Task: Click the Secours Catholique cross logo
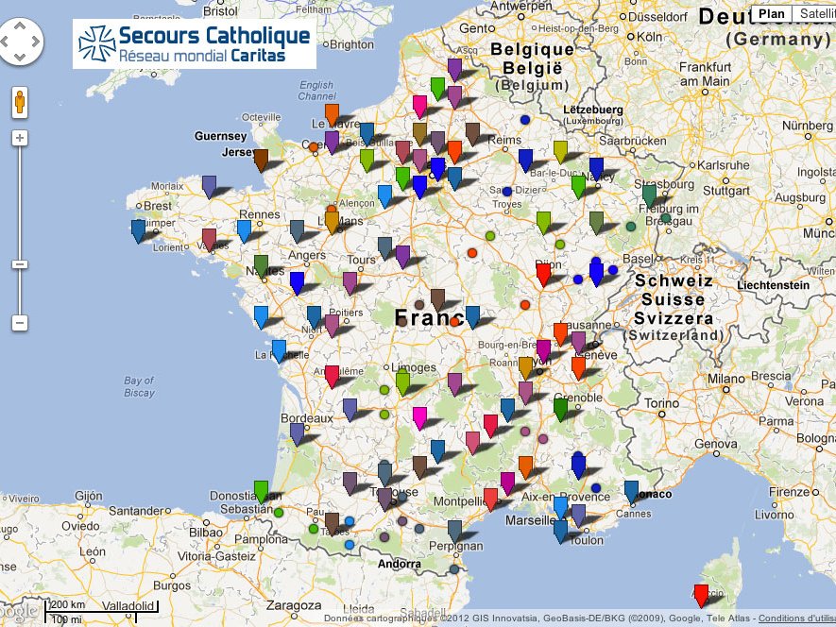(95, 43)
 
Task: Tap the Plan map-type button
(772, 13)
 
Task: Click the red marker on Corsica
(700, 594)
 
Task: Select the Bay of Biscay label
(138, 386)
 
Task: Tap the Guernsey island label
(220, 136)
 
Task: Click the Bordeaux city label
(307, 417)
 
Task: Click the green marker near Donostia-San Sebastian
(262, 490)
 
